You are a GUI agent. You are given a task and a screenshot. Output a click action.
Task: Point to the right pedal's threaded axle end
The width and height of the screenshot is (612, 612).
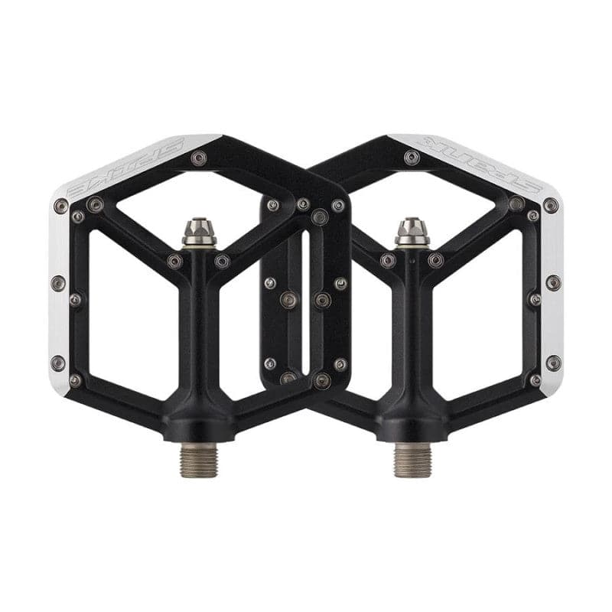[412, 458]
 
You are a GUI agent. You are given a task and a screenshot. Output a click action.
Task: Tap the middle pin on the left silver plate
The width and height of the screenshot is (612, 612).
[58, 282]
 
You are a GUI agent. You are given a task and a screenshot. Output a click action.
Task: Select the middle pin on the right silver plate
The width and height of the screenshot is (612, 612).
[553, 282]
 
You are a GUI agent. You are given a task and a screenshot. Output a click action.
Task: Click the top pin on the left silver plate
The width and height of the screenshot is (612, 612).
[61, 205]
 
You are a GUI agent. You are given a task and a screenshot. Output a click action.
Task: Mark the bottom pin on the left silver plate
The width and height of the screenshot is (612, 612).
[58, 362]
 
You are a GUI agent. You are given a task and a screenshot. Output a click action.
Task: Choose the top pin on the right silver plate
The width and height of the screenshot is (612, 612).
[550, 205]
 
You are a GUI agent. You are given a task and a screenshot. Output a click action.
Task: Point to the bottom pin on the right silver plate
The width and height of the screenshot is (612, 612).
[553, 362]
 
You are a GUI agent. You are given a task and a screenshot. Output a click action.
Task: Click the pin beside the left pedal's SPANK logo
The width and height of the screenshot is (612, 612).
[199, 158]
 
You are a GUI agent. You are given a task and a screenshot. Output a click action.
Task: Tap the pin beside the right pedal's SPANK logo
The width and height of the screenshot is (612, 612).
[412, 158]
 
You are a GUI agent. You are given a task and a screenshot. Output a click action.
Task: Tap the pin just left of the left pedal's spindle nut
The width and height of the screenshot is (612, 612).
[175, 262]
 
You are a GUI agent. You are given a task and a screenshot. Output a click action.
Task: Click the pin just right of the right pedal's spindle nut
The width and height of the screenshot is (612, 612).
[435, 262]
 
